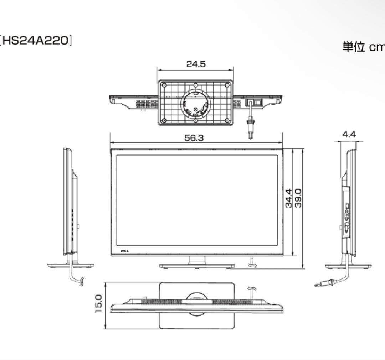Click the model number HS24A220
point(36,41)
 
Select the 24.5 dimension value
point(196,64)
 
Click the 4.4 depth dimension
point(349,135)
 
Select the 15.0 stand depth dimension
point(98,303)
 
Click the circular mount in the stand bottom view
point(196,104)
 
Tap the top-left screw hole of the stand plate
point(164,85)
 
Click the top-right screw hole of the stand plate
point(227,85)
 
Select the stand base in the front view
point(197,266)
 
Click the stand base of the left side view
point(71,266)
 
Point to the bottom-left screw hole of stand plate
point(164,120)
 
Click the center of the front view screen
point(196,200)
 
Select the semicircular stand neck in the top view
point(196,298)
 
